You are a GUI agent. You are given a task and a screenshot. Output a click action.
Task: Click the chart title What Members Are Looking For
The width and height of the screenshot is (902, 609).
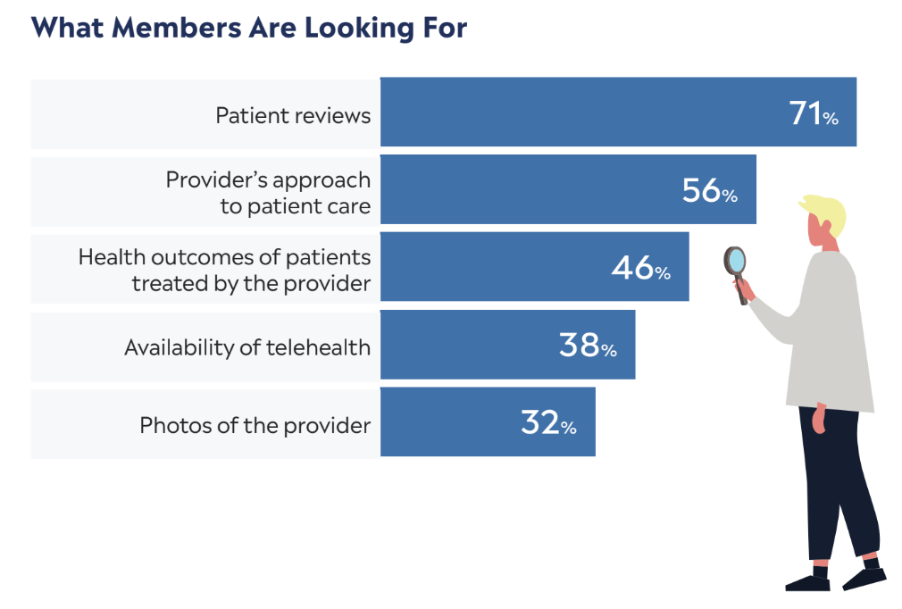coord(249,28)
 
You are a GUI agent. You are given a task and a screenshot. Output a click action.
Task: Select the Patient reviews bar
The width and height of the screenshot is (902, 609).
coord(580,113)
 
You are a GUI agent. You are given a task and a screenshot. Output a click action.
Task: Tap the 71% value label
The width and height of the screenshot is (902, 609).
coord(814,113)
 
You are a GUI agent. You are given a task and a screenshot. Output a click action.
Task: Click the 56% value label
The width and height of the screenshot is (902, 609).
coord(709,190)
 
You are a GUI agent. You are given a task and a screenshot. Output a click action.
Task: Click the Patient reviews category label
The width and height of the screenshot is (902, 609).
coord(293,115)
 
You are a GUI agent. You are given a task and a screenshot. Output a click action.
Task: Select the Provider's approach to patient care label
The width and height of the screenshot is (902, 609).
coord(268,193)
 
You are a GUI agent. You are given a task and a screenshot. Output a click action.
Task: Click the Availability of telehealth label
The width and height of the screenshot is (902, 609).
coord(247,347)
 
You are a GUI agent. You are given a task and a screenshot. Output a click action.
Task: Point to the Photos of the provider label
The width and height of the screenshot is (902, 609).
coord(255,425)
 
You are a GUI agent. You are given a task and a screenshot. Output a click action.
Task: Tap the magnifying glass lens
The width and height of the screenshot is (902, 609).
coord(735,261)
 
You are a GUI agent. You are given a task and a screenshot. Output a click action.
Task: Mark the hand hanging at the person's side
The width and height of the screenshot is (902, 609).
coord(819,421)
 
